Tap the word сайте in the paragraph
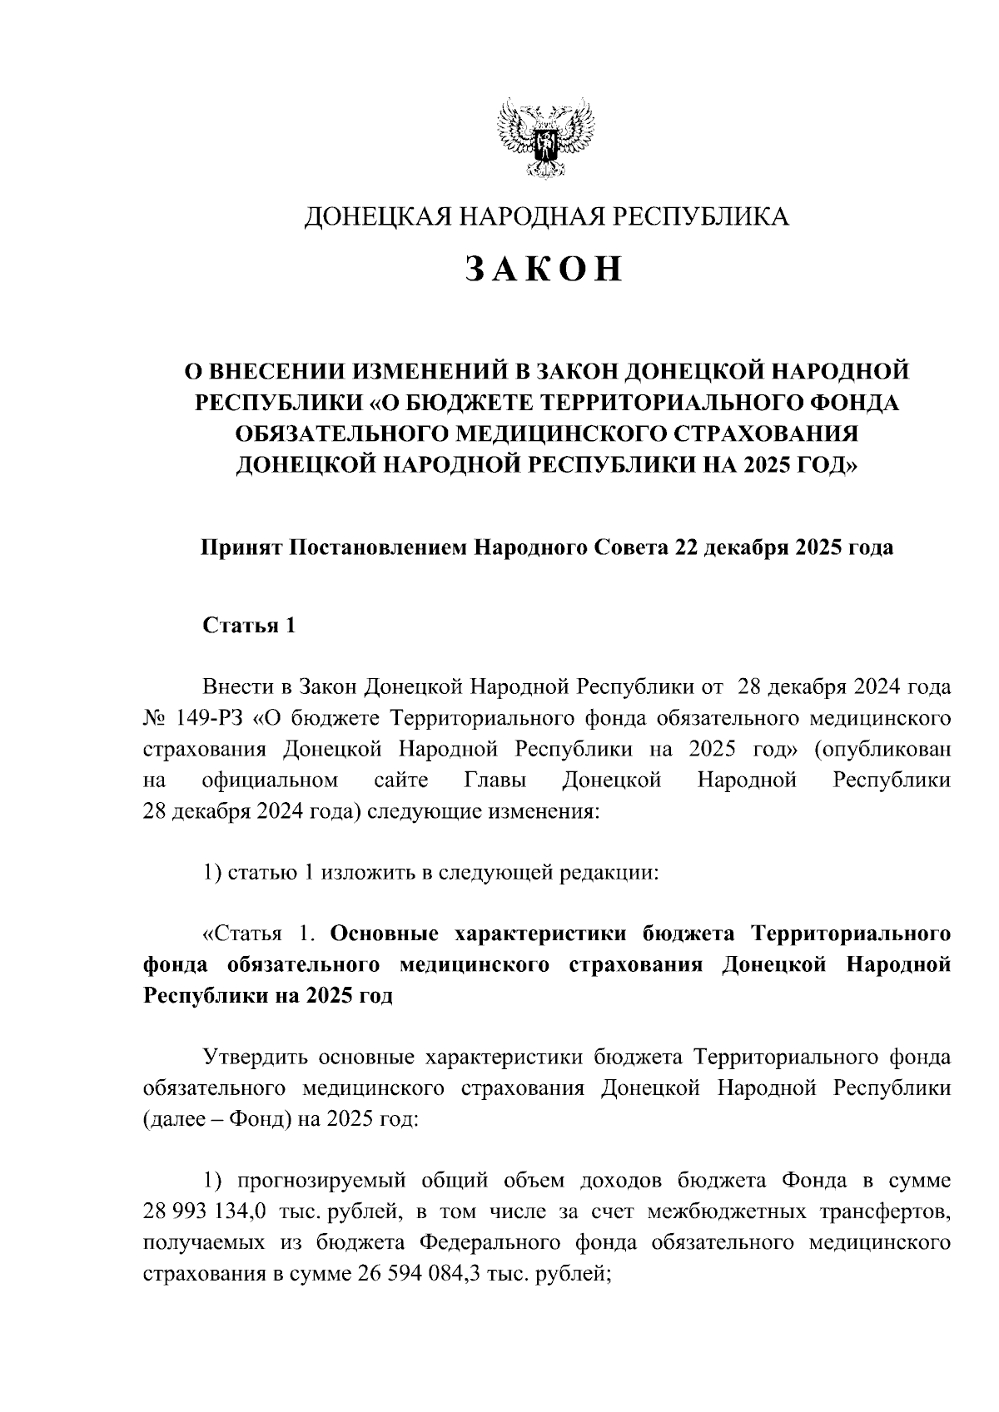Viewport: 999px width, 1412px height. [x=401, y=780]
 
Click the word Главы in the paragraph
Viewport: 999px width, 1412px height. [x=495, y=780]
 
